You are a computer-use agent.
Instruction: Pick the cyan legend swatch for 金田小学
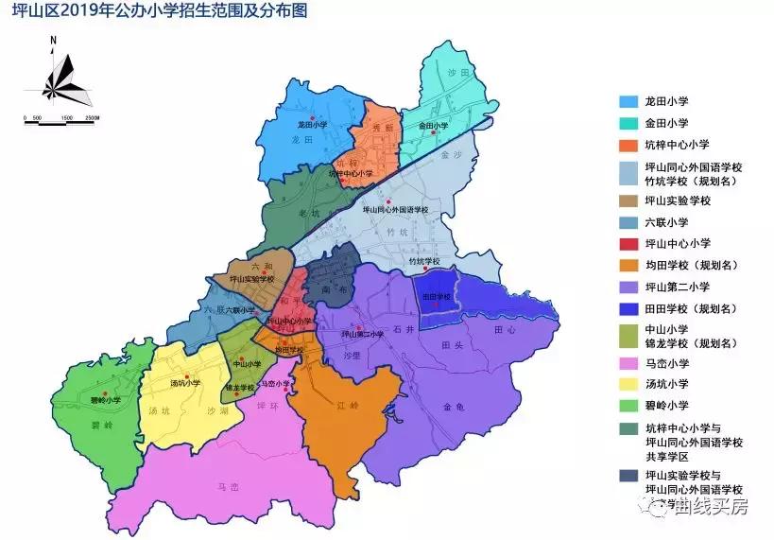coord(628,123)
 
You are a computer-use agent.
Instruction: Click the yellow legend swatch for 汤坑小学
coord(628,384)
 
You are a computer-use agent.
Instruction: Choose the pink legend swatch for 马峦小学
coord(628,362)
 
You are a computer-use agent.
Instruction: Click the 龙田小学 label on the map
coord(311,124)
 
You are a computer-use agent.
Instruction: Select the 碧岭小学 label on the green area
coord(106,400)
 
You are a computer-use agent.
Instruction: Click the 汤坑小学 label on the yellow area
coord(185,383)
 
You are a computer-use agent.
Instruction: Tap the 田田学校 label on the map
coord(436,297)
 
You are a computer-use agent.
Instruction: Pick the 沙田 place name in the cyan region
coord(459,73)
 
